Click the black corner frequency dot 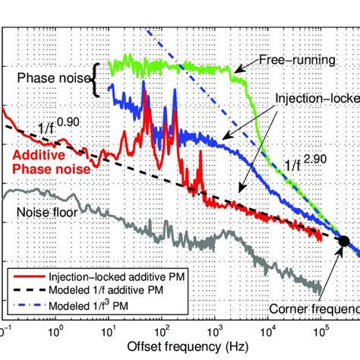click(343, 241)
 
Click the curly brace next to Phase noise click(96, 79)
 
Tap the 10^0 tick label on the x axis click(55, 332)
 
